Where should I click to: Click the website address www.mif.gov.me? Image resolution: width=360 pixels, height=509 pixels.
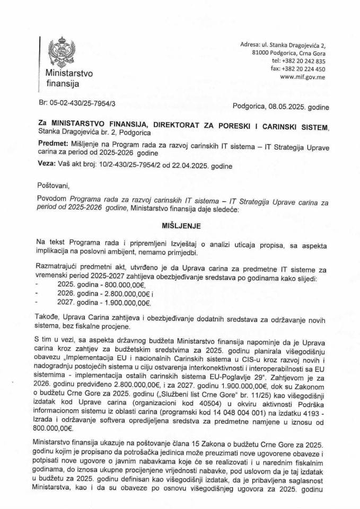click(x=302, y=77)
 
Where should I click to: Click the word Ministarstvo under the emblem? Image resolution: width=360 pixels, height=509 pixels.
click(x=69, y=74)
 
